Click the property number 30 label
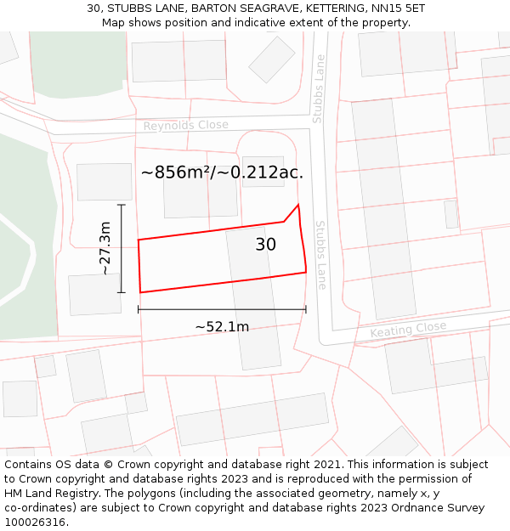265,245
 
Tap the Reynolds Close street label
185,126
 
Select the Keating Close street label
408,330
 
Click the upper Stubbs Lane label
319,89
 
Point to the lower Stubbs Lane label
321,255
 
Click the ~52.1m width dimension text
222,327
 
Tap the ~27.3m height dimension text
105,248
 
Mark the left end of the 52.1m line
139,310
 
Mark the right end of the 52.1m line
306,310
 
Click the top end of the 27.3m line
122,205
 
